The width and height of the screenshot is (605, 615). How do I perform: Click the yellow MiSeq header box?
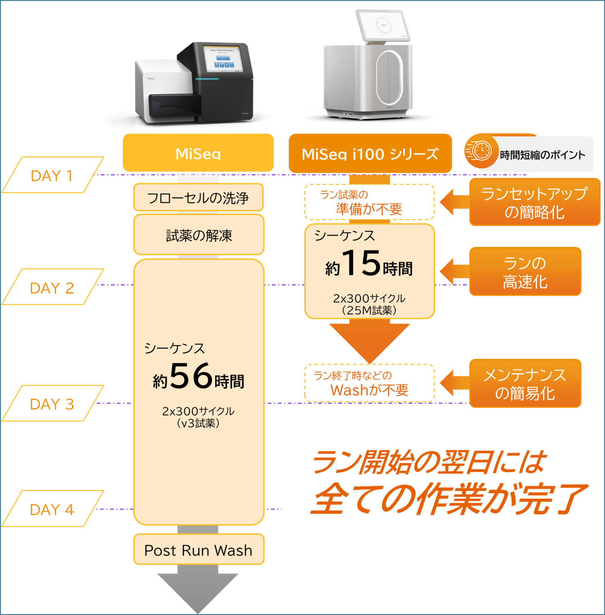point(198,153)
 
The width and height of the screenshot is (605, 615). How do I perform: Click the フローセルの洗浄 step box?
point(198,198)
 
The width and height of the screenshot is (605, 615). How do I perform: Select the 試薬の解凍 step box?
point(199,235)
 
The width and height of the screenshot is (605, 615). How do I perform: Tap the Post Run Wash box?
point(198,550)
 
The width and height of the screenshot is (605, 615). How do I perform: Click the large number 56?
point(191,376)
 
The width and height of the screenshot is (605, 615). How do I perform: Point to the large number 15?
point(361,263)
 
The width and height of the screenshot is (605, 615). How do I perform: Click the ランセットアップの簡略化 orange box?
point(534,203)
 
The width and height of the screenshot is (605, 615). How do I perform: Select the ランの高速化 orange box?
point(525,272)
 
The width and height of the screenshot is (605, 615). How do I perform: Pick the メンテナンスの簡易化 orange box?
point(525,384)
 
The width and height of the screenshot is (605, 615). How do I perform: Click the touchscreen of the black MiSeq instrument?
point(223,59)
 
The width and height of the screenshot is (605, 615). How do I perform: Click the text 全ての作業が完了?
point(448,498)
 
